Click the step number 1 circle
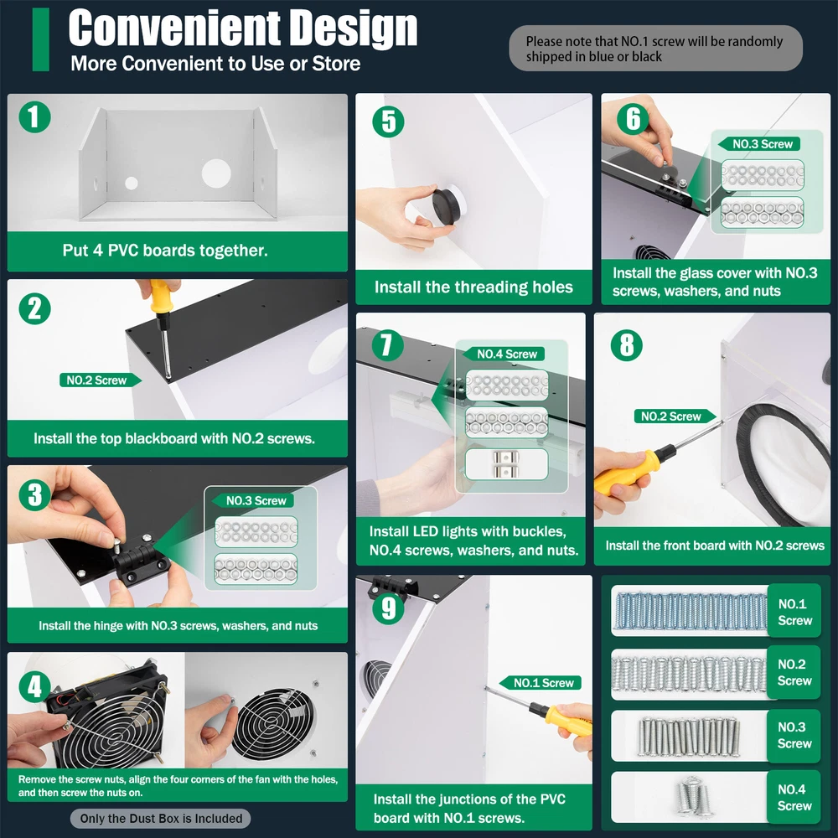coord(34,117)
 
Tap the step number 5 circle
coord(389,122)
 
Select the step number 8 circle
coord(626,344)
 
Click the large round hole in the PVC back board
coord(216,173)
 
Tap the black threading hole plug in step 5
coord(447,206)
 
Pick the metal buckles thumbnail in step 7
coord(506,464)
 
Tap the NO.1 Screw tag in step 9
coord(540,682)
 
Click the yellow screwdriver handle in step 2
coord(160,297)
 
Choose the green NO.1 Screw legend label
coord(794,612)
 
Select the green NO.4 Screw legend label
coord(794,797)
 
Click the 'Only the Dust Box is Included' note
coord(161,818)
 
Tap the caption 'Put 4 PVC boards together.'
coord(165,250)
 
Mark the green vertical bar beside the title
coord(40,39)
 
